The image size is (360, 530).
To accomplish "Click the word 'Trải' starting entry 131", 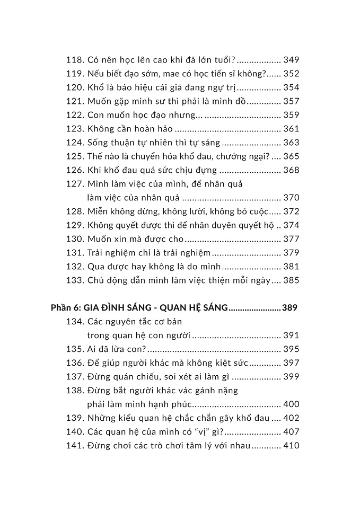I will [95, 253].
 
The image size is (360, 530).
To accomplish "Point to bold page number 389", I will [291, 307].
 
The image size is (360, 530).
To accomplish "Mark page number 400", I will [291, 404].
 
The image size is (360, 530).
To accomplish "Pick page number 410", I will [291, 446].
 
